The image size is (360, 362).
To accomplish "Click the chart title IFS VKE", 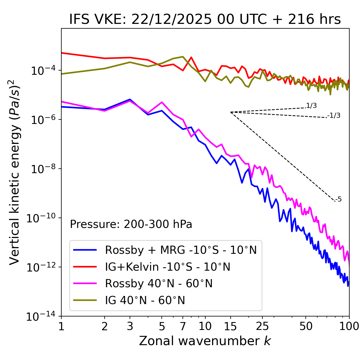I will click(205, 19).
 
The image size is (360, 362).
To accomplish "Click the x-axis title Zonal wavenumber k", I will click(205, 341).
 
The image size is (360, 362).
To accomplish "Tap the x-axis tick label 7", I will click(183, 326).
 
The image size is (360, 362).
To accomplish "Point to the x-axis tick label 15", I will click(230, 326).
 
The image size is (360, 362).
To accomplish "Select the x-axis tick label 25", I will click(262, 326).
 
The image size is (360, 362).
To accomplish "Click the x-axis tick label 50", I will click(306, 326).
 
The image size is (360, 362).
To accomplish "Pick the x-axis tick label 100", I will click(349, 326).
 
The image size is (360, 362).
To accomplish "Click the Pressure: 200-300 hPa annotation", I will click(131, 224).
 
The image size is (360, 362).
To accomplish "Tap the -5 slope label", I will click(339, 199).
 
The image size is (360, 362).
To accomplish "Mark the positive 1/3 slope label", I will click(311, 106).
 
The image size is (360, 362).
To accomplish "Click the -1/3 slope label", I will click(334, 116).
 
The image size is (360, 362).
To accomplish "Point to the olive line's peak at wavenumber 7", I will click(183, 57).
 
